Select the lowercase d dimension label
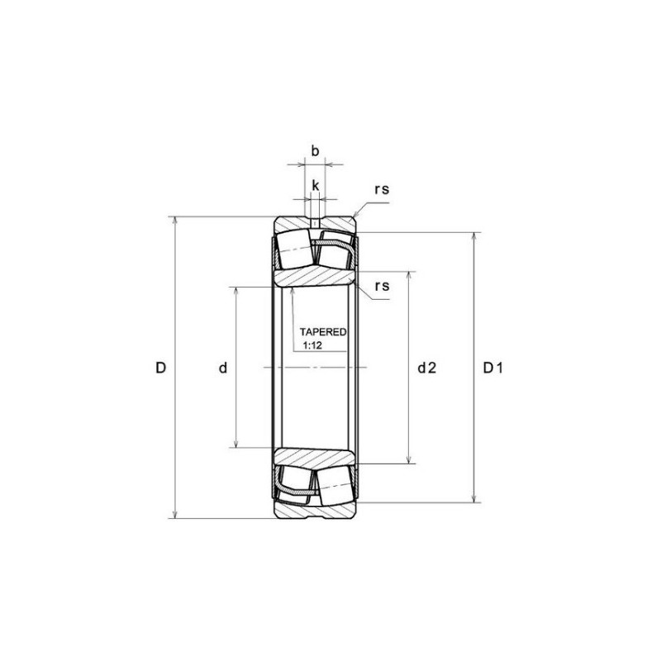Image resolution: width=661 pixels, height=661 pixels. coord(222,369)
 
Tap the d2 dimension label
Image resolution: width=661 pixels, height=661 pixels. coord(426,369)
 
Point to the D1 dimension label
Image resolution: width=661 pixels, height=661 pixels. coord(492,369)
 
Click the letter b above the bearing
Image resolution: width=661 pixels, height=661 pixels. coord(315,151)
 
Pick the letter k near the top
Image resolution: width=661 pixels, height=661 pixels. coord(315,185)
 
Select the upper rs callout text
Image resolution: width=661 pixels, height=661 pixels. coord(381,189)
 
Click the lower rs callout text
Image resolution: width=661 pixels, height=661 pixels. coord(381,286)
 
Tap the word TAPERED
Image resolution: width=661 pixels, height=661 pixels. coord(323,331)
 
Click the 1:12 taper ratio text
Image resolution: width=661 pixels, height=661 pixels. coord(312,345)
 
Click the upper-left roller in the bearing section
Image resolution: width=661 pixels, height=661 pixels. coord(294,248)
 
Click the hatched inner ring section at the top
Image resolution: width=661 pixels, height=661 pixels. coord(315,278)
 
